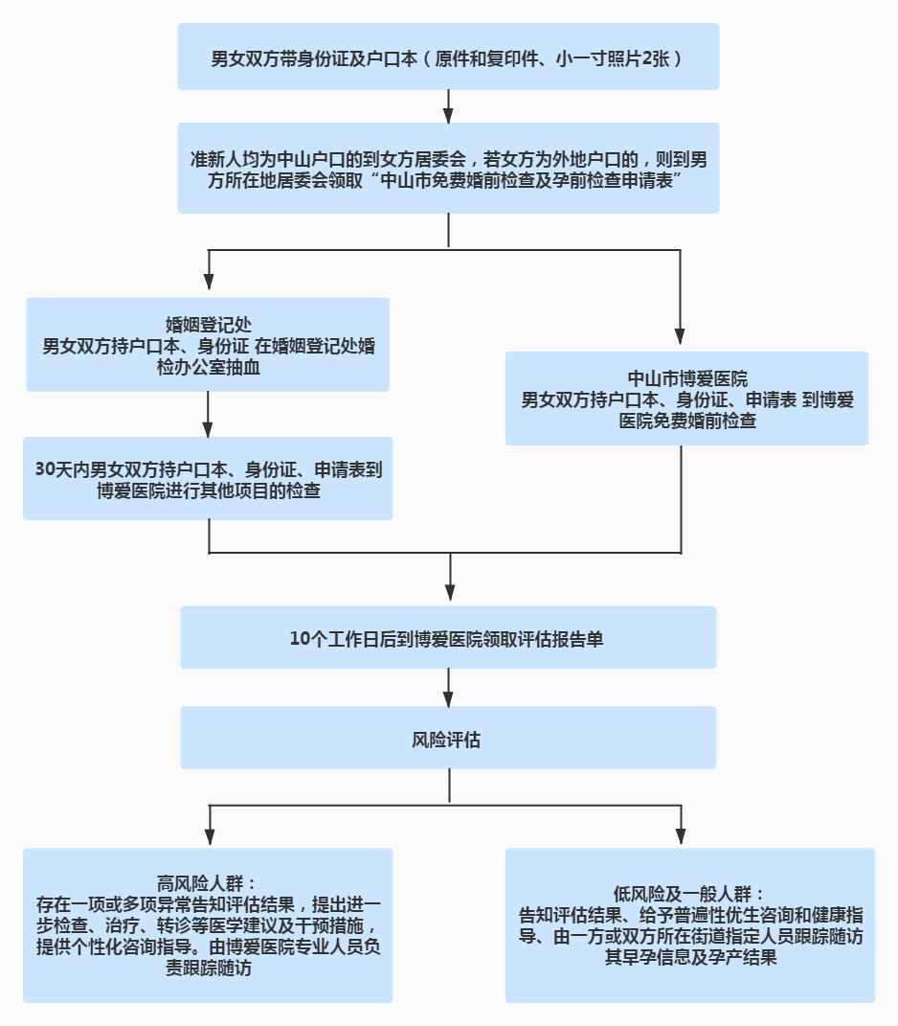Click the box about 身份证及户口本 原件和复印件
(448, 57)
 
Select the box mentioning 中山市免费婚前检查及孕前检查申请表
(448, 169)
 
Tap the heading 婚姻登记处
(208, 323)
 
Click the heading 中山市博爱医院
(686, 377)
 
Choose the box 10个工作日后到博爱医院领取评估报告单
(448, 638)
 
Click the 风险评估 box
(448, 739)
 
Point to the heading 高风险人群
(208, 881)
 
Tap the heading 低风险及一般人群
(689, 891)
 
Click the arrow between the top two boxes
(448, 106)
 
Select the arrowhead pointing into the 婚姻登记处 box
(209, 283)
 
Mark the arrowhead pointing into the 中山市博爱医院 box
(681, 336)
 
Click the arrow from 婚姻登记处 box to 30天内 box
(209, 414)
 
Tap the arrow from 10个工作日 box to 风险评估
(448, 687)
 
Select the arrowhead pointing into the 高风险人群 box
(209, 835)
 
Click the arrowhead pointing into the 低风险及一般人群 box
(681, 835)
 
